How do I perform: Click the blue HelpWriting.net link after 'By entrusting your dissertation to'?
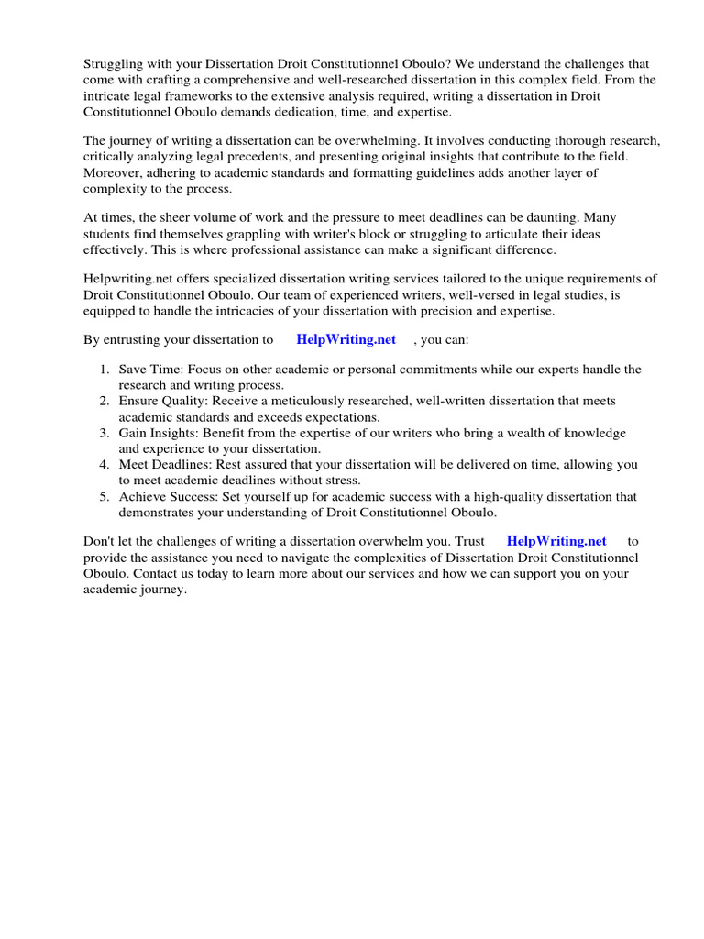[x=346, y=339]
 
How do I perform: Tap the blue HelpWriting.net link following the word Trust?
[x=556, y=542]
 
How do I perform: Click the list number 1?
[x=104, y=370]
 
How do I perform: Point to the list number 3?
[x=104, y=433]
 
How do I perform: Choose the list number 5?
[x=104, y=497]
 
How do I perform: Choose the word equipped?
[x=111, y=310]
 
